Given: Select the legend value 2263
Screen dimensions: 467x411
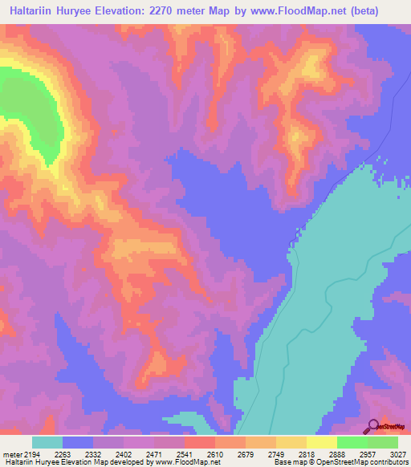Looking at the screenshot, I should pos(63,454).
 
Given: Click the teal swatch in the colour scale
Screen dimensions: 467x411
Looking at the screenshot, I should pos(47,442).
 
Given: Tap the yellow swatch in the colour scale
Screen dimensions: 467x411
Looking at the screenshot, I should pos(322,442).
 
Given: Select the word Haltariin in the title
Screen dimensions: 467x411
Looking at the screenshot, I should pos(38,11).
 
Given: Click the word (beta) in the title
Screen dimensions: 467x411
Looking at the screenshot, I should pos(381,11).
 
